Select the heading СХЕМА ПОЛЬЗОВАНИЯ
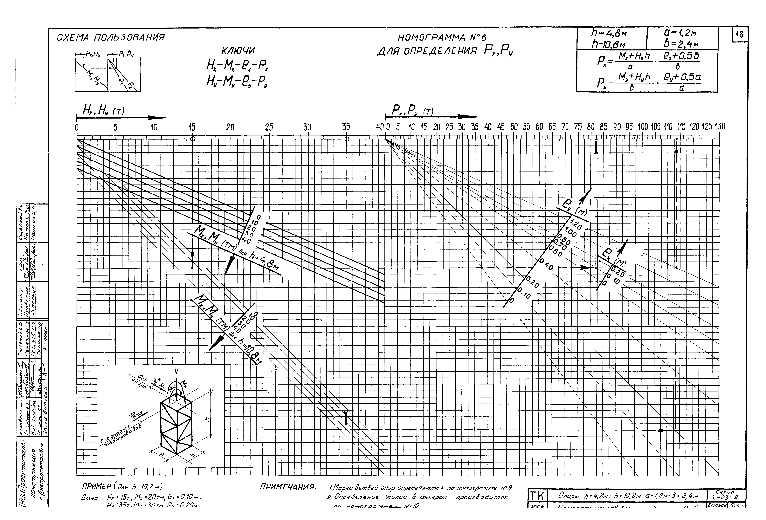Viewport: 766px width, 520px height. pos(111,38)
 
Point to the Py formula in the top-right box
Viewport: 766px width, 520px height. pos(648,82)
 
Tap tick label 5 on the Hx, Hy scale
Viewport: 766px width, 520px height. pos(115,127)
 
